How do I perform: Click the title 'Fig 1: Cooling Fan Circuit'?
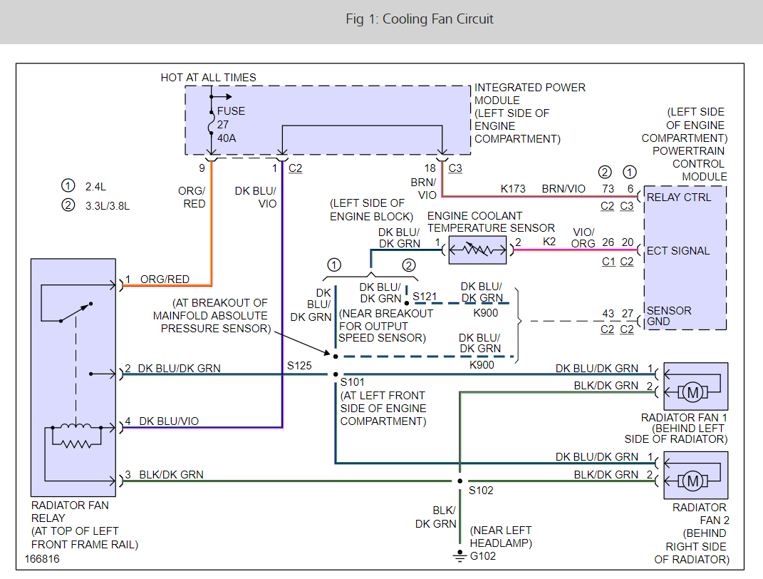pyautogui.click(x=419, y=19)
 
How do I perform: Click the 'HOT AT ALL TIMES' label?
pyautogui.click(x=208, y=77)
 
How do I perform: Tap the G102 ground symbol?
pyautogui.click(x=460, y=555)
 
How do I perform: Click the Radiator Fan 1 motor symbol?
pyautogui.click(x=691, y=391)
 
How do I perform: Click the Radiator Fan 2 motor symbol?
pyautogui.click(x=691, y=481)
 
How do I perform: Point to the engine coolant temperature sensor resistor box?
pyautogui.click(x=477, y=250)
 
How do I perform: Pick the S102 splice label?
pyautogui.click(x=481, y=491)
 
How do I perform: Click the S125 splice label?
pyautogui.click(x=299, y=366)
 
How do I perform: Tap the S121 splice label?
pyautogui.click(x=425, y=295)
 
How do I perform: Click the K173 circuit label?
pyautogui.click(x=512, y=189)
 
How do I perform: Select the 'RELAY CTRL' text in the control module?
pyautogui.click(x=678, y=197)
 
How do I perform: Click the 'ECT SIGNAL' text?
pyautogui.click(x=678, y=251)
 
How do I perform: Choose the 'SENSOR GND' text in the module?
pyautogui.click(x=668, y=316)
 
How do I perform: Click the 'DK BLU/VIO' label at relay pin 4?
pyautogui.click(x=169, y=421)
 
